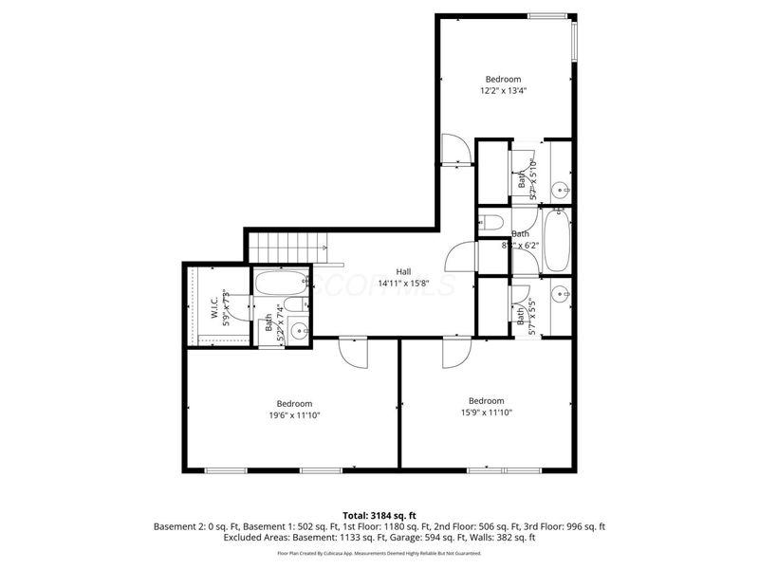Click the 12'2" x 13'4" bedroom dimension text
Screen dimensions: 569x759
(x=505, y=91)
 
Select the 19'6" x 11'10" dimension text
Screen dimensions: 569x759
(x=292, y=413)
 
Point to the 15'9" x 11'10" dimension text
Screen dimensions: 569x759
(x=486, y=413)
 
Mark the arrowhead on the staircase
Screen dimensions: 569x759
(x=325, y=248)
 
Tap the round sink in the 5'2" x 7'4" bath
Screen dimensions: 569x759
(x=298, y=331)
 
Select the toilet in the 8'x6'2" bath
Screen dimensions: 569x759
(x=491, y=225)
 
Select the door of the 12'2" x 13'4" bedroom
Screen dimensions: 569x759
(x=455, y=150)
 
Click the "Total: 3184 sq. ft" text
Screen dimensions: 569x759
(x=379, y=515)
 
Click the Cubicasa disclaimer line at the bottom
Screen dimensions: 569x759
(x=379, y=552)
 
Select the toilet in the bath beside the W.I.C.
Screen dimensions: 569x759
(x=296, y=304)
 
